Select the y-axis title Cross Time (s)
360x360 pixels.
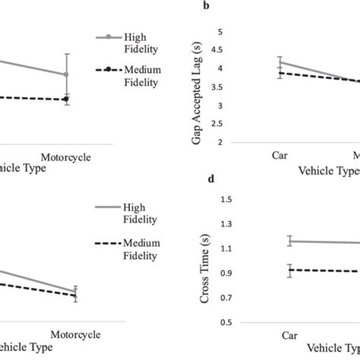pyautogui.click(x=204, y=263)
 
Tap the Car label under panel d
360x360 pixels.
pyautogui.click(x=289, y=333)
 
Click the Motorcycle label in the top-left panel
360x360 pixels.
pyautogui.click(x=66, y=156)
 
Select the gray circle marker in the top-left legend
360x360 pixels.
pyautogui.click(x=109, y=36)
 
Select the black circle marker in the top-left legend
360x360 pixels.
pyautogui.click(x=109, y=70)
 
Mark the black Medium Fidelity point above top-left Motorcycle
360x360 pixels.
pyautogui.click(x=66, y=99)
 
